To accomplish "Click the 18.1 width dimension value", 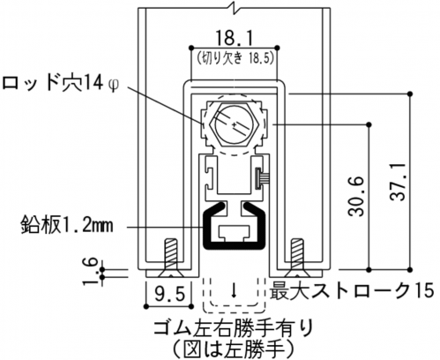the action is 234,38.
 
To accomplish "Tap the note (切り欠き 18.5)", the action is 235,57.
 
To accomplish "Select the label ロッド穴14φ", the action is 60,83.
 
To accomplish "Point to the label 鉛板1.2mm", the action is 67,226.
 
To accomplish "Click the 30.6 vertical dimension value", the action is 356,197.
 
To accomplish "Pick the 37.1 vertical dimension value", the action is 398,182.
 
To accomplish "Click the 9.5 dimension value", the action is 170,295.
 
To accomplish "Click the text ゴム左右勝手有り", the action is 233,329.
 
